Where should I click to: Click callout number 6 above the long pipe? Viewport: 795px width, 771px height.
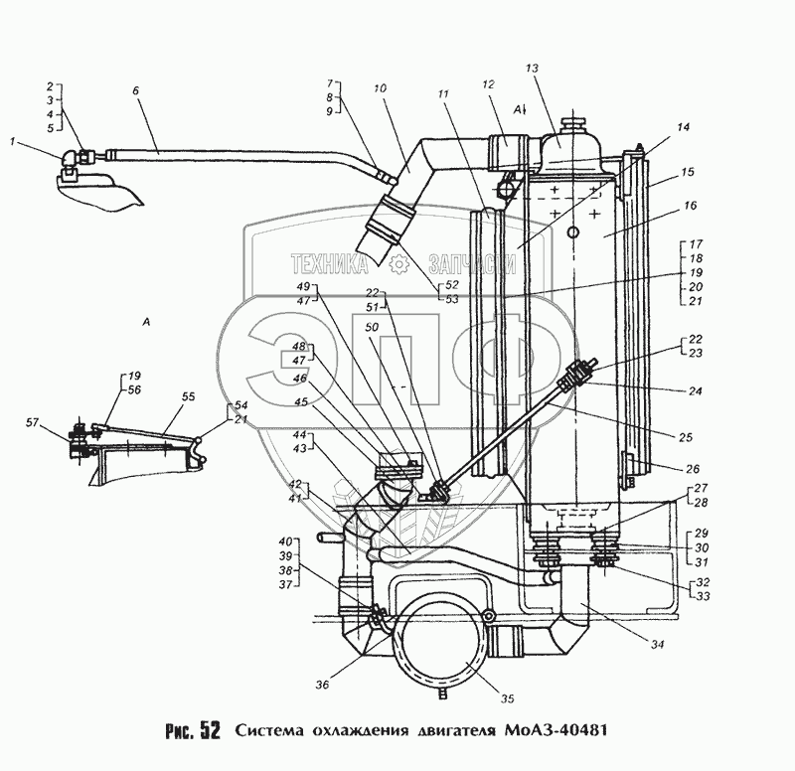[135, 90]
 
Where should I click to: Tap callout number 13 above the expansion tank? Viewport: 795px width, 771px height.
[533, 69]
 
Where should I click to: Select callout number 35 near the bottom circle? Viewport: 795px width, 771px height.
[507, 698]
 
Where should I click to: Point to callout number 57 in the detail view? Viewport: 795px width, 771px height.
[33, 422]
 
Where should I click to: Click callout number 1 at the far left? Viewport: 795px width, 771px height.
[13, 141]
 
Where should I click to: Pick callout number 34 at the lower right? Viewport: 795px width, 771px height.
[658, 644]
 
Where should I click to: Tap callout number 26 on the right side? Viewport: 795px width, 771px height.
[693, 469]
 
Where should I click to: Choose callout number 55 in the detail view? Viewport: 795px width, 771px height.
[188, 396]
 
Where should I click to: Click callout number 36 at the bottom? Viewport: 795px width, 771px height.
[322, 685]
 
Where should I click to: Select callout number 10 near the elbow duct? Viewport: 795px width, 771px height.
[380, 88]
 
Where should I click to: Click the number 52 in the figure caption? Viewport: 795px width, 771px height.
[211, 730]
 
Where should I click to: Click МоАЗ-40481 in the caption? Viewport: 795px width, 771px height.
[556, 730]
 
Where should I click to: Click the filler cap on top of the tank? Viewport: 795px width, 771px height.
[572, 125]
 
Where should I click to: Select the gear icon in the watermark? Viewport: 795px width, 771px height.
[398, 264]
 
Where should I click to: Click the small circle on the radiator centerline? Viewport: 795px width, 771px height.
[573, 232]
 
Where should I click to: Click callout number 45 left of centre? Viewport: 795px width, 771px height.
[301, 402]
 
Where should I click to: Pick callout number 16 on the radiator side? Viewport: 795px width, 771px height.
[691, 206]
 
